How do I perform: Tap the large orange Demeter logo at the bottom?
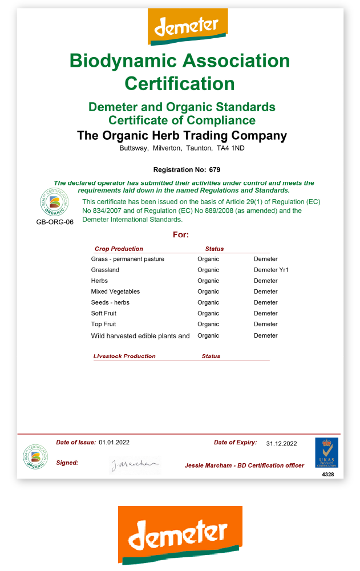pos(180,534)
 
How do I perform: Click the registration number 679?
pos(215,169)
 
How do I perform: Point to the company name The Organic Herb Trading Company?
pos(182,136)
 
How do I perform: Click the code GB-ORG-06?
pos(55,222)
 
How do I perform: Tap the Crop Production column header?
pos(119,249)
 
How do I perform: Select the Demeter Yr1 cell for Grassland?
pos(271,270)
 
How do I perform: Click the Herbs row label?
pos(99,281)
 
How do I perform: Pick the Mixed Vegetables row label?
pos(115,291)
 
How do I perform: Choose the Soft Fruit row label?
pos(104,313)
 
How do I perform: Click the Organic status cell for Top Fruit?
pos(208,324)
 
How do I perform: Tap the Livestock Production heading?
pos(124,356)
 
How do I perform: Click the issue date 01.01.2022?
pos(114,442)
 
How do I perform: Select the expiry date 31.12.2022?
pos(281,443)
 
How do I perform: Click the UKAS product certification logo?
pos(326,453)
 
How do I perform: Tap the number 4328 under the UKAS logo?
pos(327,474)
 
